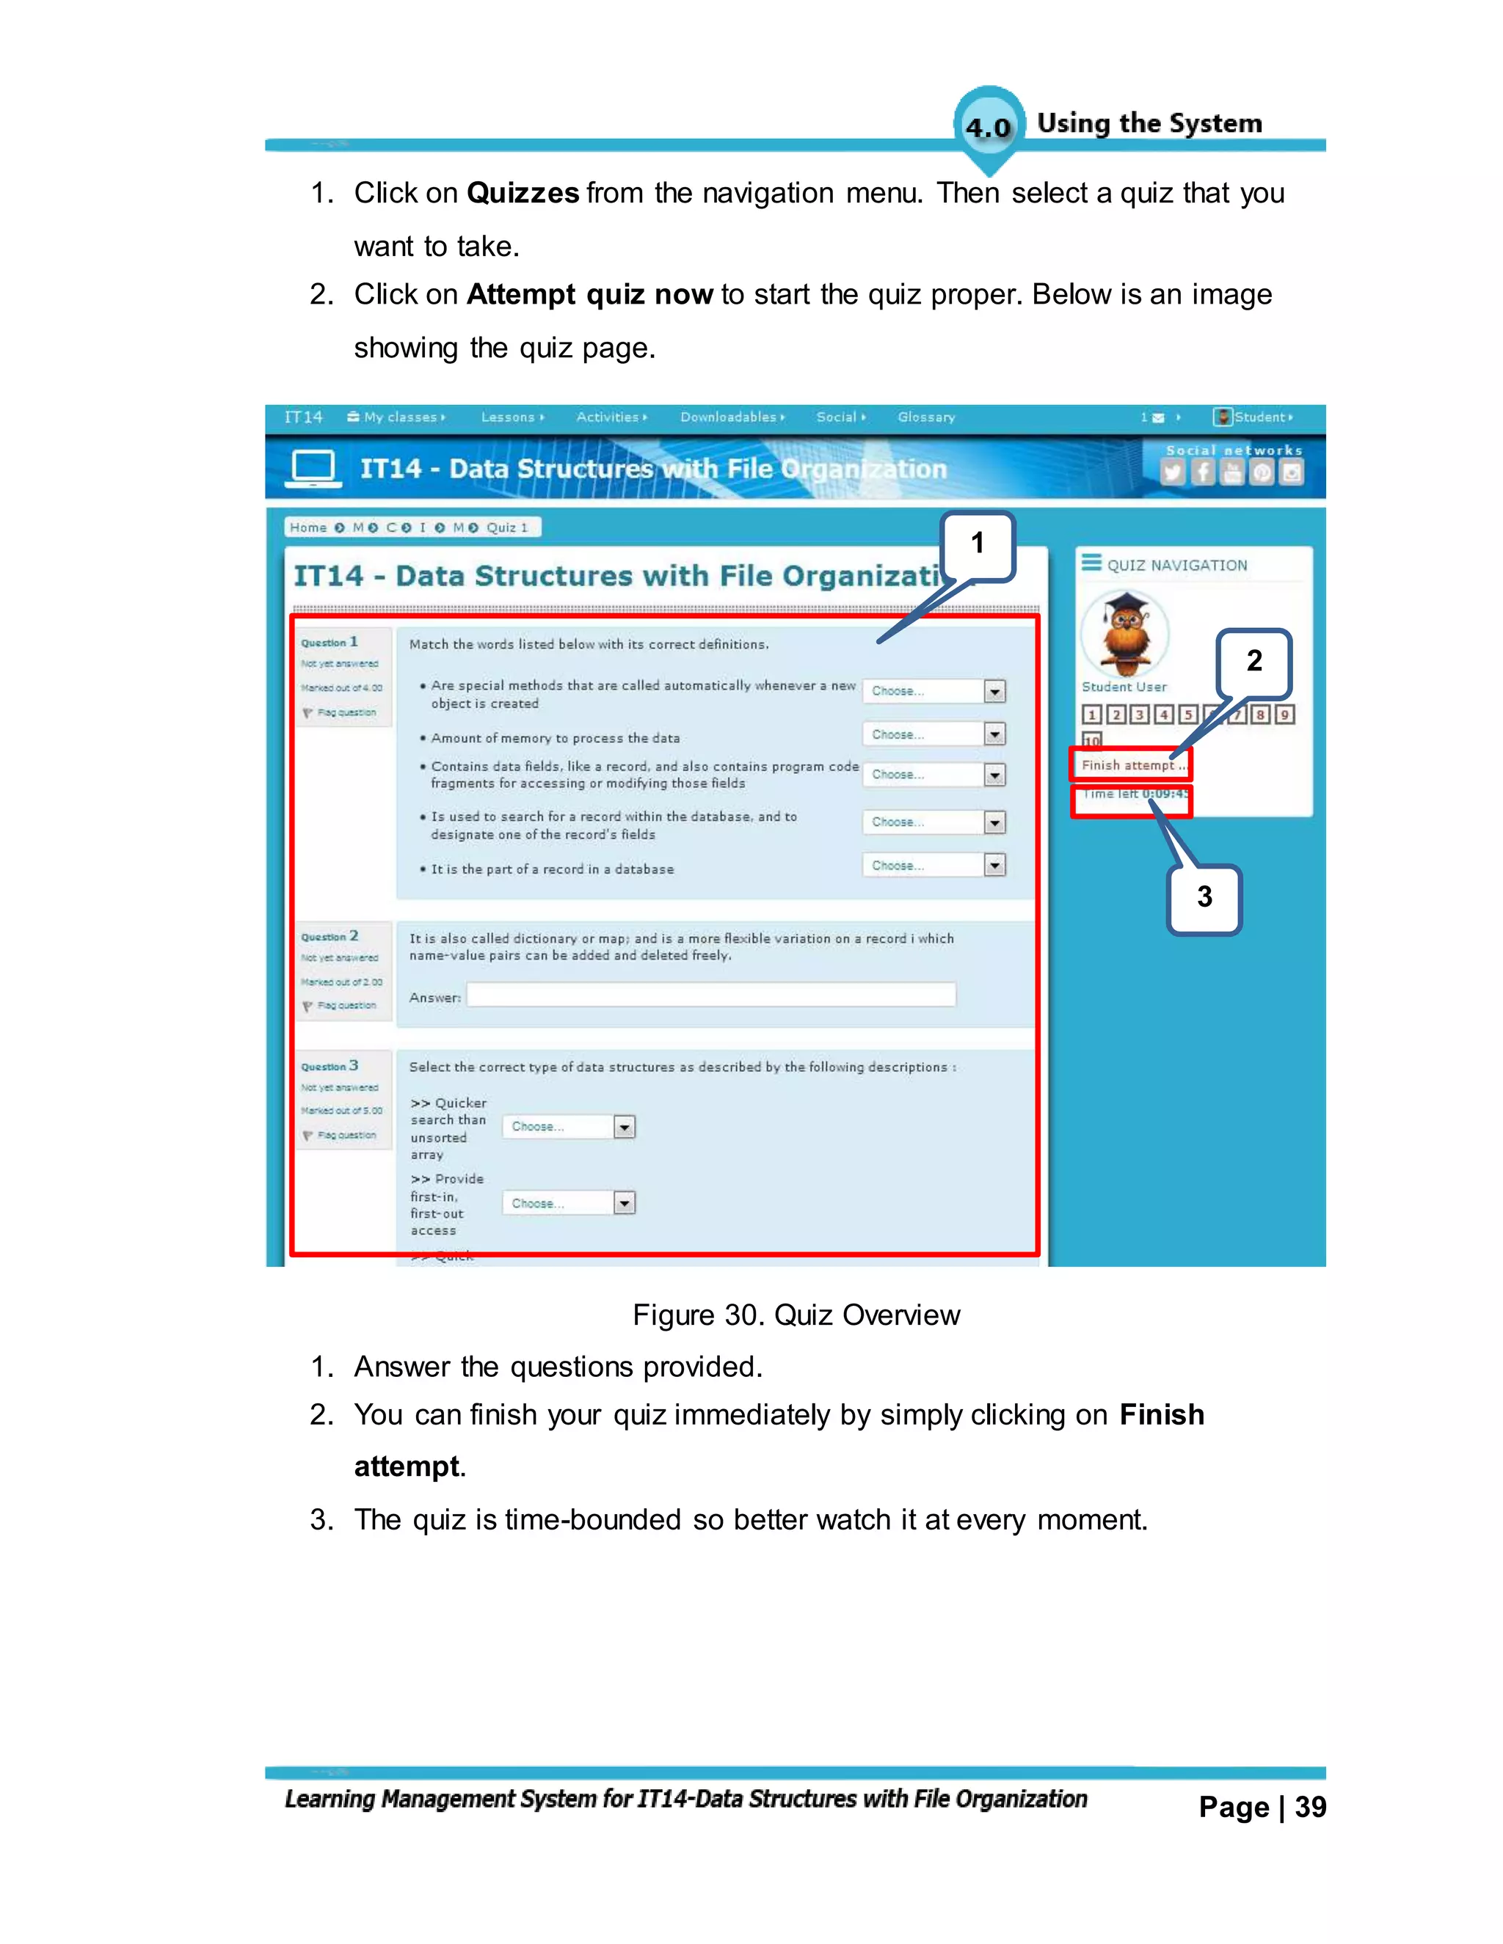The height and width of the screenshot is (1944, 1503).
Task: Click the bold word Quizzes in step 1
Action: point(523,193)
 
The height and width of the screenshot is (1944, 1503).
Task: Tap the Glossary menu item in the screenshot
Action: point(926,417)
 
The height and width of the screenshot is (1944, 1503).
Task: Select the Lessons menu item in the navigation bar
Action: point(509,417)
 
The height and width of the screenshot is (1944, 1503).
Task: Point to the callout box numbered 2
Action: point(1253,662)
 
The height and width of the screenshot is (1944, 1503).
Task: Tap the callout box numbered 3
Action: point(1204,897)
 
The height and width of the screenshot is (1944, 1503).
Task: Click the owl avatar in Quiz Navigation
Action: point(1124,633)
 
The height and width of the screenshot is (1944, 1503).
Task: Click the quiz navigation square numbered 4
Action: point(1164,715)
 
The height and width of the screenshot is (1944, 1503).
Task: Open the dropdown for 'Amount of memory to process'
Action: point(994,734)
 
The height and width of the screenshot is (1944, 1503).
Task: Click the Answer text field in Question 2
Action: point(710,995)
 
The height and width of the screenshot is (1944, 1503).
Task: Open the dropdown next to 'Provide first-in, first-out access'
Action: point(625,1203)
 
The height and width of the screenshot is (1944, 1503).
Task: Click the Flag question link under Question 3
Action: point(346,1135)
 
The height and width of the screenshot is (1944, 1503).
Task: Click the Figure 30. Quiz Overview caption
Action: point(796,1315)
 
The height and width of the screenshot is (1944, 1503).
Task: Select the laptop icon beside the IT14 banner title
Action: point(313,467)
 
